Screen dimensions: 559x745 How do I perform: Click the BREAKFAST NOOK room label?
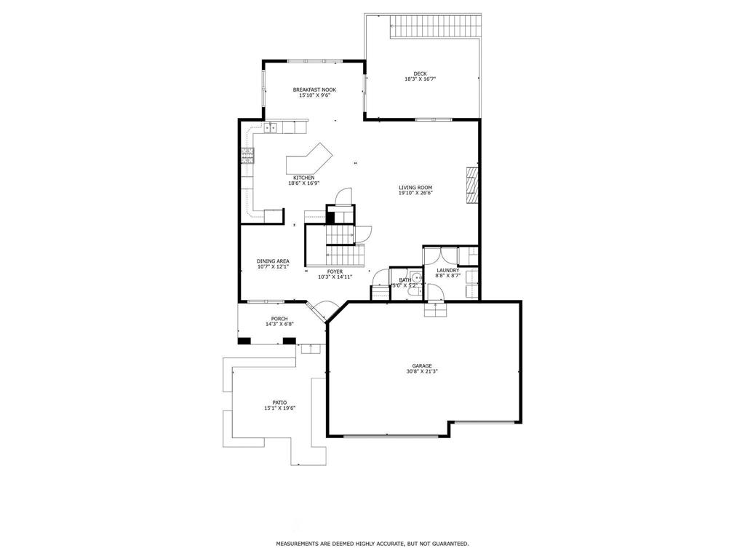pos(314,90)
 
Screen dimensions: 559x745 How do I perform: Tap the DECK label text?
pos(420,73)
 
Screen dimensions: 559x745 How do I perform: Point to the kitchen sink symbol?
pos(271,128)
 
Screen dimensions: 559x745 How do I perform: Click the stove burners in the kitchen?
pos(247,154)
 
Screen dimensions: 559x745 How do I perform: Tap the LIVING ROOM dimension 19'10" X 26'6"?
pos(415,193)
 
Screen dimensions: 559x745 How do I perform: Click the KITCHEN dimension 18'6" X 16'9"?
pos(304,183)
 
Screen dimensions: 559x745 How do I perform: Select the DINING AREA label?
pos(273,261)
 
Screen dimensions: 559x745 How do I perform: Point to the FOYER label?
pos(335,271)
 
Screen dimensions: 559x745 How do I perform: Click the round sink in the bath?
pos(417,278)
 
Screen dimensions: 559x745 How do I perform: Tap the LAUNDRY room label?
pos(447,270)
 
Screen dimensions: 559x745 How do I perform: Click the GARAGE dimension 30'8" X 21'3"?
pos(422,371)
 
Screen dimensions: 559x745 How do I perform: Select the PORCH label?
pos(279,319)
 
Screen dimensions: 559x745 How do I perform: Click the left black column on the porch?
pos(244,340)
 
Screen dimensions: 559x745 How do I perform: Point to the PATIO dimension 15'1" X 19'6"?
pos(279,408)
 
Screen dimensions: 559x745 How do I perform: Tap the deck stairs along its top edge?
pos(436,28)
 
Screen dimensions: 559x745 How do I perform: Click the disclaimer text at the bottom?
pos(372,544)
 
